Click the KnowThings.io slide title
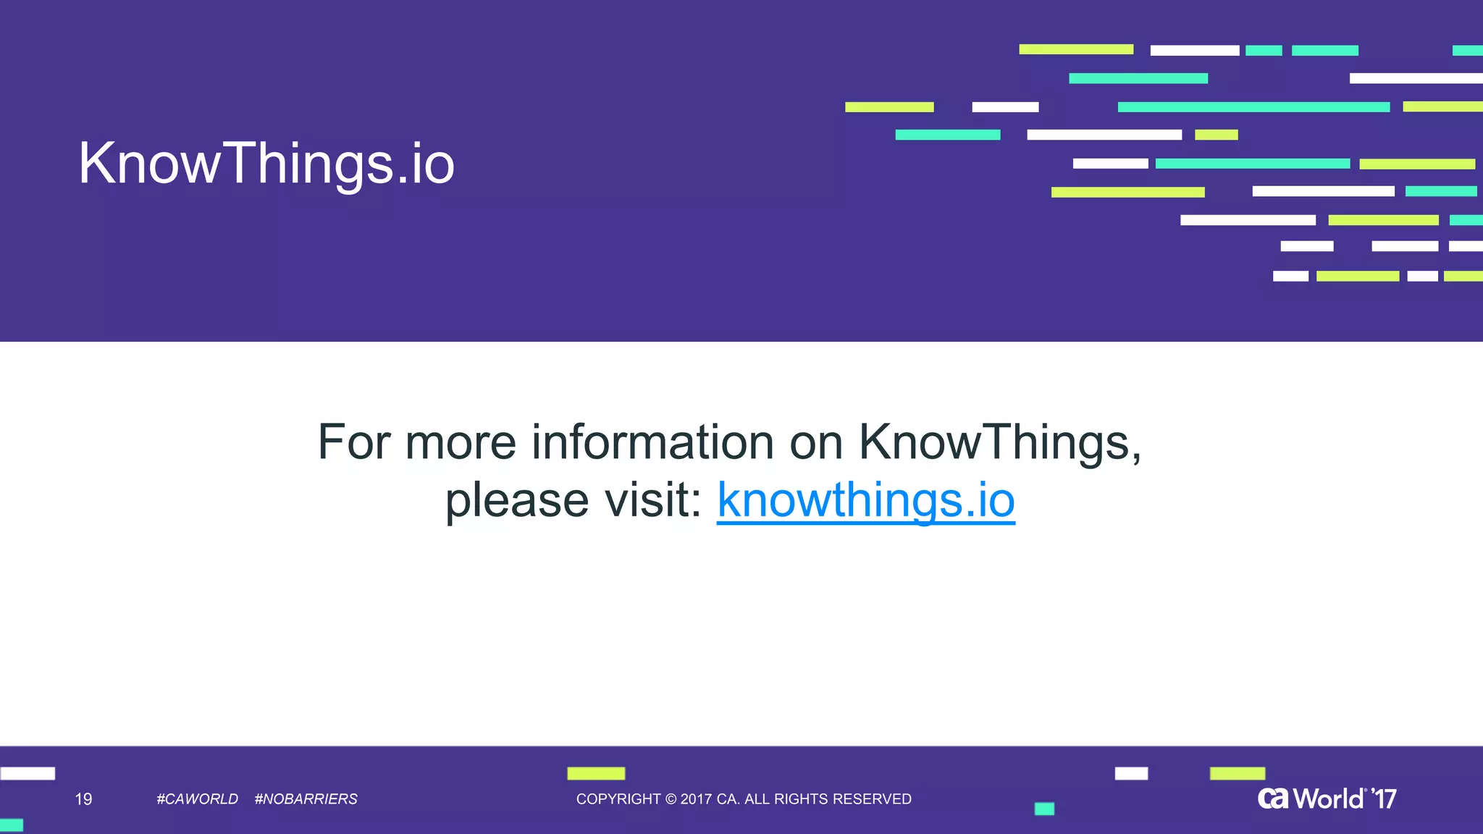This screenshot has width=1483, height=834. pyautogui.click(x=266, y=164)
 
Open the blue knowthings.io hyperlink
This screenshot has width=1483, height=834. pyautogui.click(x=865, y=500)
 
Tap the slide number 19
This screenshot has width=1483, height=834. pyautogui.click(x=83, y=799)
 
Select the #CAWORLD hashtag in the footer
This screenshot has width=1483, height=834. pyautogui.click(x=197, y=799)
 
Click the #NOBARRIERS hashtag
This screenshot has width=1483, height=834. pyautogui.click(x=306, y=799)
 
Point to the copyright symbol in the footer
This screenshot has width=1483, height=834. pyautogui.click(x=671, y=799)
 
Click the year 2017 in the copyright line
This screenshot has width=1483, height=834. pyautogui.click(x=696, y=799)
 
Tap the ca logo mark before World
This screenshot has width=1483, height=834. pyautogui.click(x=1273, y=799)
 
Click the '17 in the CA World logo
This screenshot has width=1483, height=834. pyautogui.click(x=1385, y=799)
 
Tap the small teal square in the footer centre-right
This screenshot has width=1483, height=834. pyautogui.click(x=1044, y=809)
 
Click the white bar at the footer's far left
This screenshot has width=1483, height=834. pyautogui.click(x=28, y=773)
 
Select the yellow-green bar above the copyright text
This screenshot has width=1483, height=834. pyautogui.click(x=596, y=773)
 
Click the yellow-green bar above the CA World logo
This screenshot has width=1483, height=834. pyautogui.click(x=1237, y=773)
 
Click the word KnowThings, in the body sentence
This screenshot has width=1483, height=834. pyautogui.click(x=999, y=442)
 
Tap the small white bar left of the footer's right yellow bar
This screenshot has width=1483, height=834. pyautogui.click(x=1131, y=773)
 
